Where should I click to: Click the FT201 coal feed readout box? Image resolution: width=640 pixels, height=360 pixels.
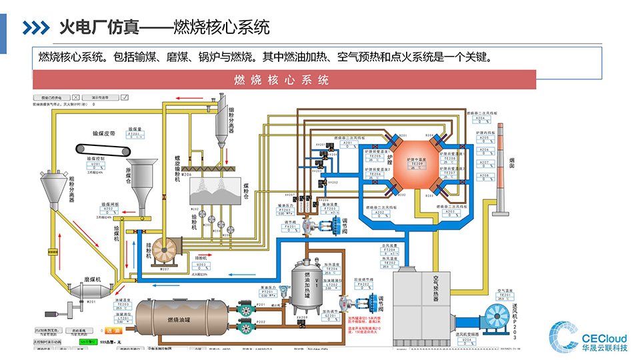click(x=135, y=136)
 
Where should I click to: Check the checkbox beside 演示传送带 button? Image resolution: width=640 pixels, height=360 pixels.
click(x=125, y=97)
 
